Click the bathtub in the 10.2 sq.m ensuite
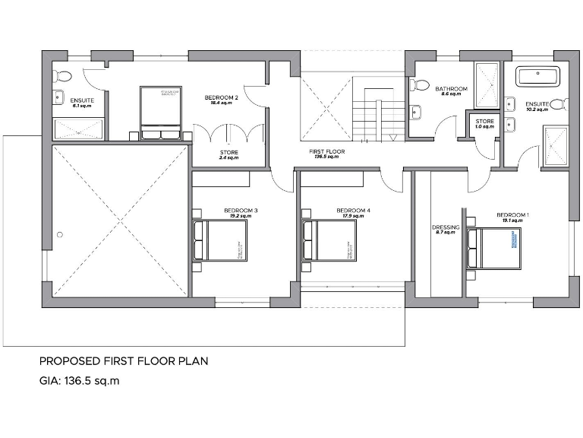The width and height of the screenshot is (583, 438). (x=537, y=77)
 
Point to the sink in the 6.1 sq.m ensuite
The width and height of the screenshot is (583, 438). (x=58, y=97)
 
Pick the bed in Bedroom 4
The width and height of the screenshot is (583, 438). (x=329, y=240)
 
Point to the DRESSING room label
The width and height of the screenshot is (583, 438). (x=446, y=229)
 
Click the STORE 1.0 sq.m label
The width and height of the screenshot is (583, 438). (x=485, y=123)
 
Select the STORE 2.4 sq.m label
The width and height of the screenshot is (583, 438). (x=228, y=155)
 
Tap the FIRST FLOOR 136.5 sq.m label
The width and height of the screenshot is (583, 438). (x=327, y=154)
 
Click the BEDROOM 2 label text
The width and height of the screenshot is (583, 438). (x=222, y=98)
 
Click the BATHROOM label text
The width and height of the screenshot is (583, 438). (x=451, y=89)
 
